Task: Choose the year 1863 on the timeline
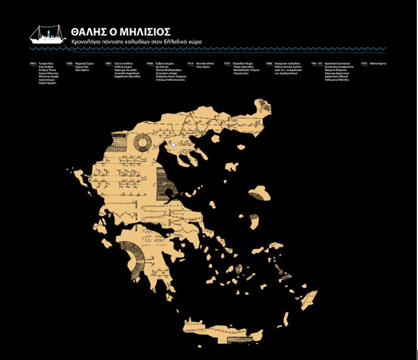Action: tap(33, 62)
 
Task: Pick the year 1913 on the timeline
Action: tap(190, 62)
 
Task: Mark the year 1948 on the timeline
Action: tap(268, 62)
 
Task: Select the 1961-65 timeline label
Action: tap(316, 62)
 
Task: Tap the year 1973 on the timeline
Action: tap(364, 62)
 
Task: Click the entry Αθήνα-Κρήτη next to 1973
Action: tap(379, 62)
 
